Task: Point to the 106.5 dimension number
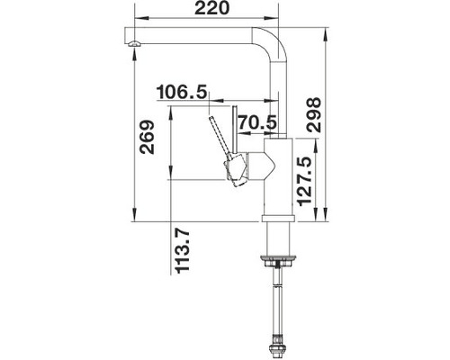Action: (x=182, y=92)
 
